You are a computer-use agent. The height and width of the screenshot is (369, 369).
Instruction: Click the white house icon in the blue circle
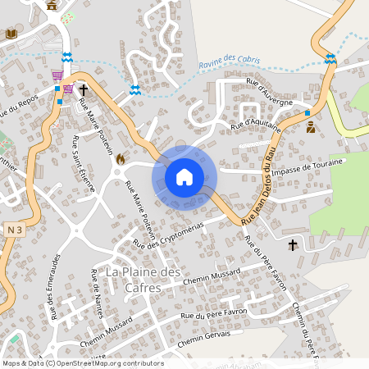click(184, 177)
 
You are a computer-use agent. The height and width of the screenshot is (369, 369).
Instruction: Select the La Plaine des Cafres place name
click(143, 279)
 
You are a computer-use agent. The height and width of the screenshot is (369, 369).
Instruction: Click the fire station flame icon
click(121, 158)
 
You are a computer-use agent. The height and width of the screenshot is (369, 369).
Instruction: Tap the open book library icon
click(11, 34)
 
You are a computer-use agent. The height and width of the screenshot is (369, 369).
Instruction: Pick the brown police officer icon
click(311, 127)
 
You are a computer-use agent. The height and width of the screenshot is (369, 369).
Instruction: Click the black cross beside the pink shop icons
click(83, 86)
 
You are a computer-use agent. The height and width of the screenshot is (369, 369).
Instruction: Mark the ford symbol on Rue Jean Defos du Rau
click(330, 58)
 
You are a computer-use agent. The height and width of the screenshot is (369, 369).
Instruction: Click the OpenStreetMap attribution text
click(82, 363)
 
